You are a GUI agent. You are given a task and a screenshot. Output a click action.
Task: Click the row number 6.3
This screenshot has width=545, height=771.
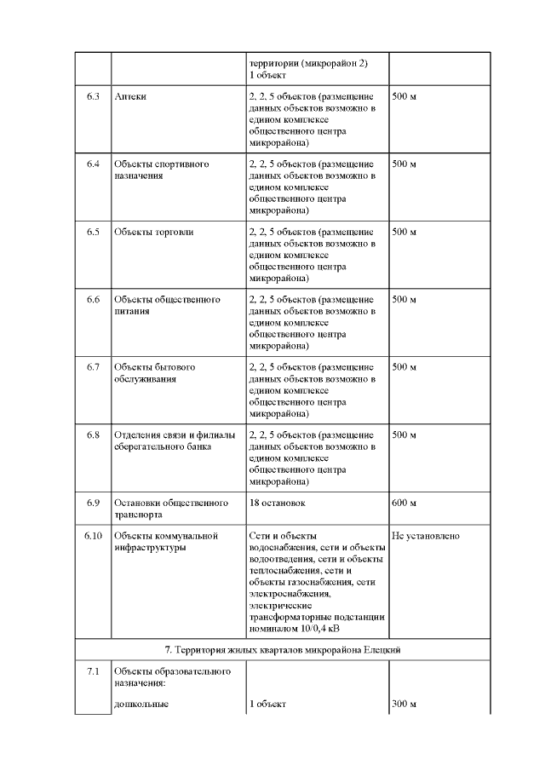(94, 96)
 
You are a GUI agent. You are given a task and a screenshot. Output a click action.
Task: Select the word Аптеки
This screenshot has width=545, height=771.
(130, 96)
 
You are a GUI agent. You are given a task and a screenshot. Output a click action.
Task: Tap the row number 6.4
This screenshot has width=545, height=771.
(94, 164)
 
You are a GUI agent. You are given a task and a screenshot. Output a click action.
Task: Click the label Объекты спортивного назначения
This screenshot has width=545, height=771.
(162, 170)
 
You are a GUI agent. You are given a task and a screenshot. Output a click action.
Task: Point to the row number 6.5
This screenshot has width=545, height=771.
(94, 232)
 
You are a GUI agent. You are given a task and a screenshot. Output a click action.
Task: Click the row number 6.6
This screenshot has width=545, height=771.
(94, 300)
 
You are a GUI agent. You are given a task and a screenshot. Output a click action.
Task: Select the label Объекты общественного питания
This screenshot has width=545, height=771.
(167, 306)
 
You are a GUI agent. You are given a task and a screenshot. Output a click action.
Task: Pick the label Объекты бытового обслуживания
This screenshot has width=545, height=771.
(155, 373)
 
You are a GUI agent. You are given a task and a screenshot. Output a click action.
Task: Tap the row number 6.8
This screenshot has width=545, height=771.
(94, 435)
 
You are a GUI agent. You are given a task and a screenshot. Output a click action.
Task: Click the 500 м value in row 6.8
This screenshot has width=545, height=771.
(404, 435)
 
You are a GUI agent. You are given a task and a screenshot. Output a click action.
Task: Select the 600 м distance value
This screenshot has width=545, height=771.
(404, 503)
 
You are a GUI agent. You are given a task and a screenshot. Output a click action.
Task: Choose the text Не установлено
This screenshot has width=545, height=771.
(426, 536)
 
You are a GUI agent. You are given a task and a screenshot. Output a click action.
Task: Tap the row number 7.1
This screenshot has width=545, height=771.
(94, 672)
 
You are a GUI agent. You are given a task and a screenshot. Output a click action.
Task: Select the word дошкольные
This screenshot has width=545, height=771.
(141, 705)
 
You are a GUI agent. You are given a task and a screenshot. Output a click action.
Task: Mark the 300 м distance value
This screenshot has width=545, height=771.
(404, 705)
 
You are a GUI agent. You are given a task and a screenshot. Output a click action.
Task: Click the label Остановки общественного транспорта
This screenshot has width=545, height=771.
(171, 509)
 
